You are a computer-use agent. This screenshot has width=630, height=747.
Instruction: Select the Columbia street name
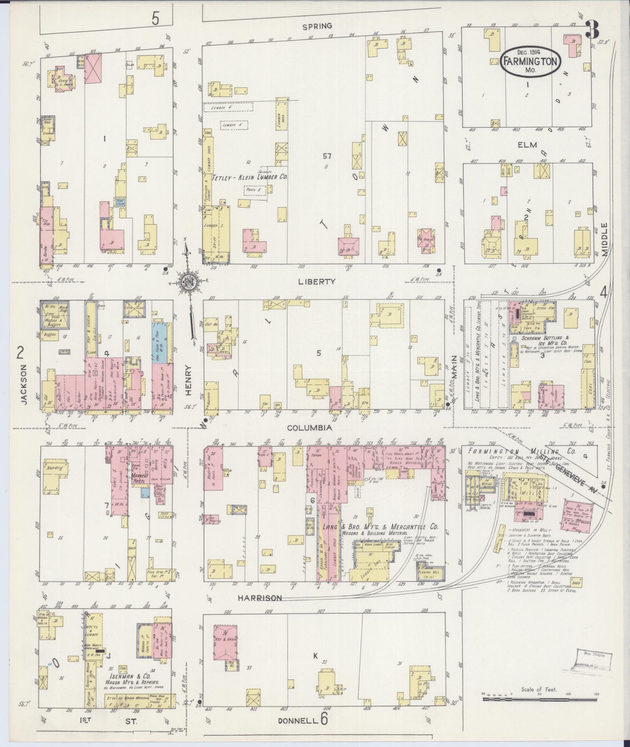[x=310, y=428]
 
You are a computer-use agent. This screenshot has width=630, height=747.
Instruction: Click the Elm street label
[x=525, y=145]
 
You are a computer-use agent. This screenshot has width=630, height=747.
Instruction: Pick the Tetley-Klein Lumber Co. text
[x=249, y=177]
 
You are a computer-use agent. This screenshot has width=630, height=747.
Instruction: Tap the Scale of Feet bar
[x=539, y=699]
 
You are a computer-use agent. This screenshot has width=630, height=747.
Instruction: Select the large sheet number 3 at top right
[x=593, y=30]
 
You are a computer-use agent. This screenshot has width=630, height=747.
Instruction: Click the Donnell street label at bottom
[x=298, y=721]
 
